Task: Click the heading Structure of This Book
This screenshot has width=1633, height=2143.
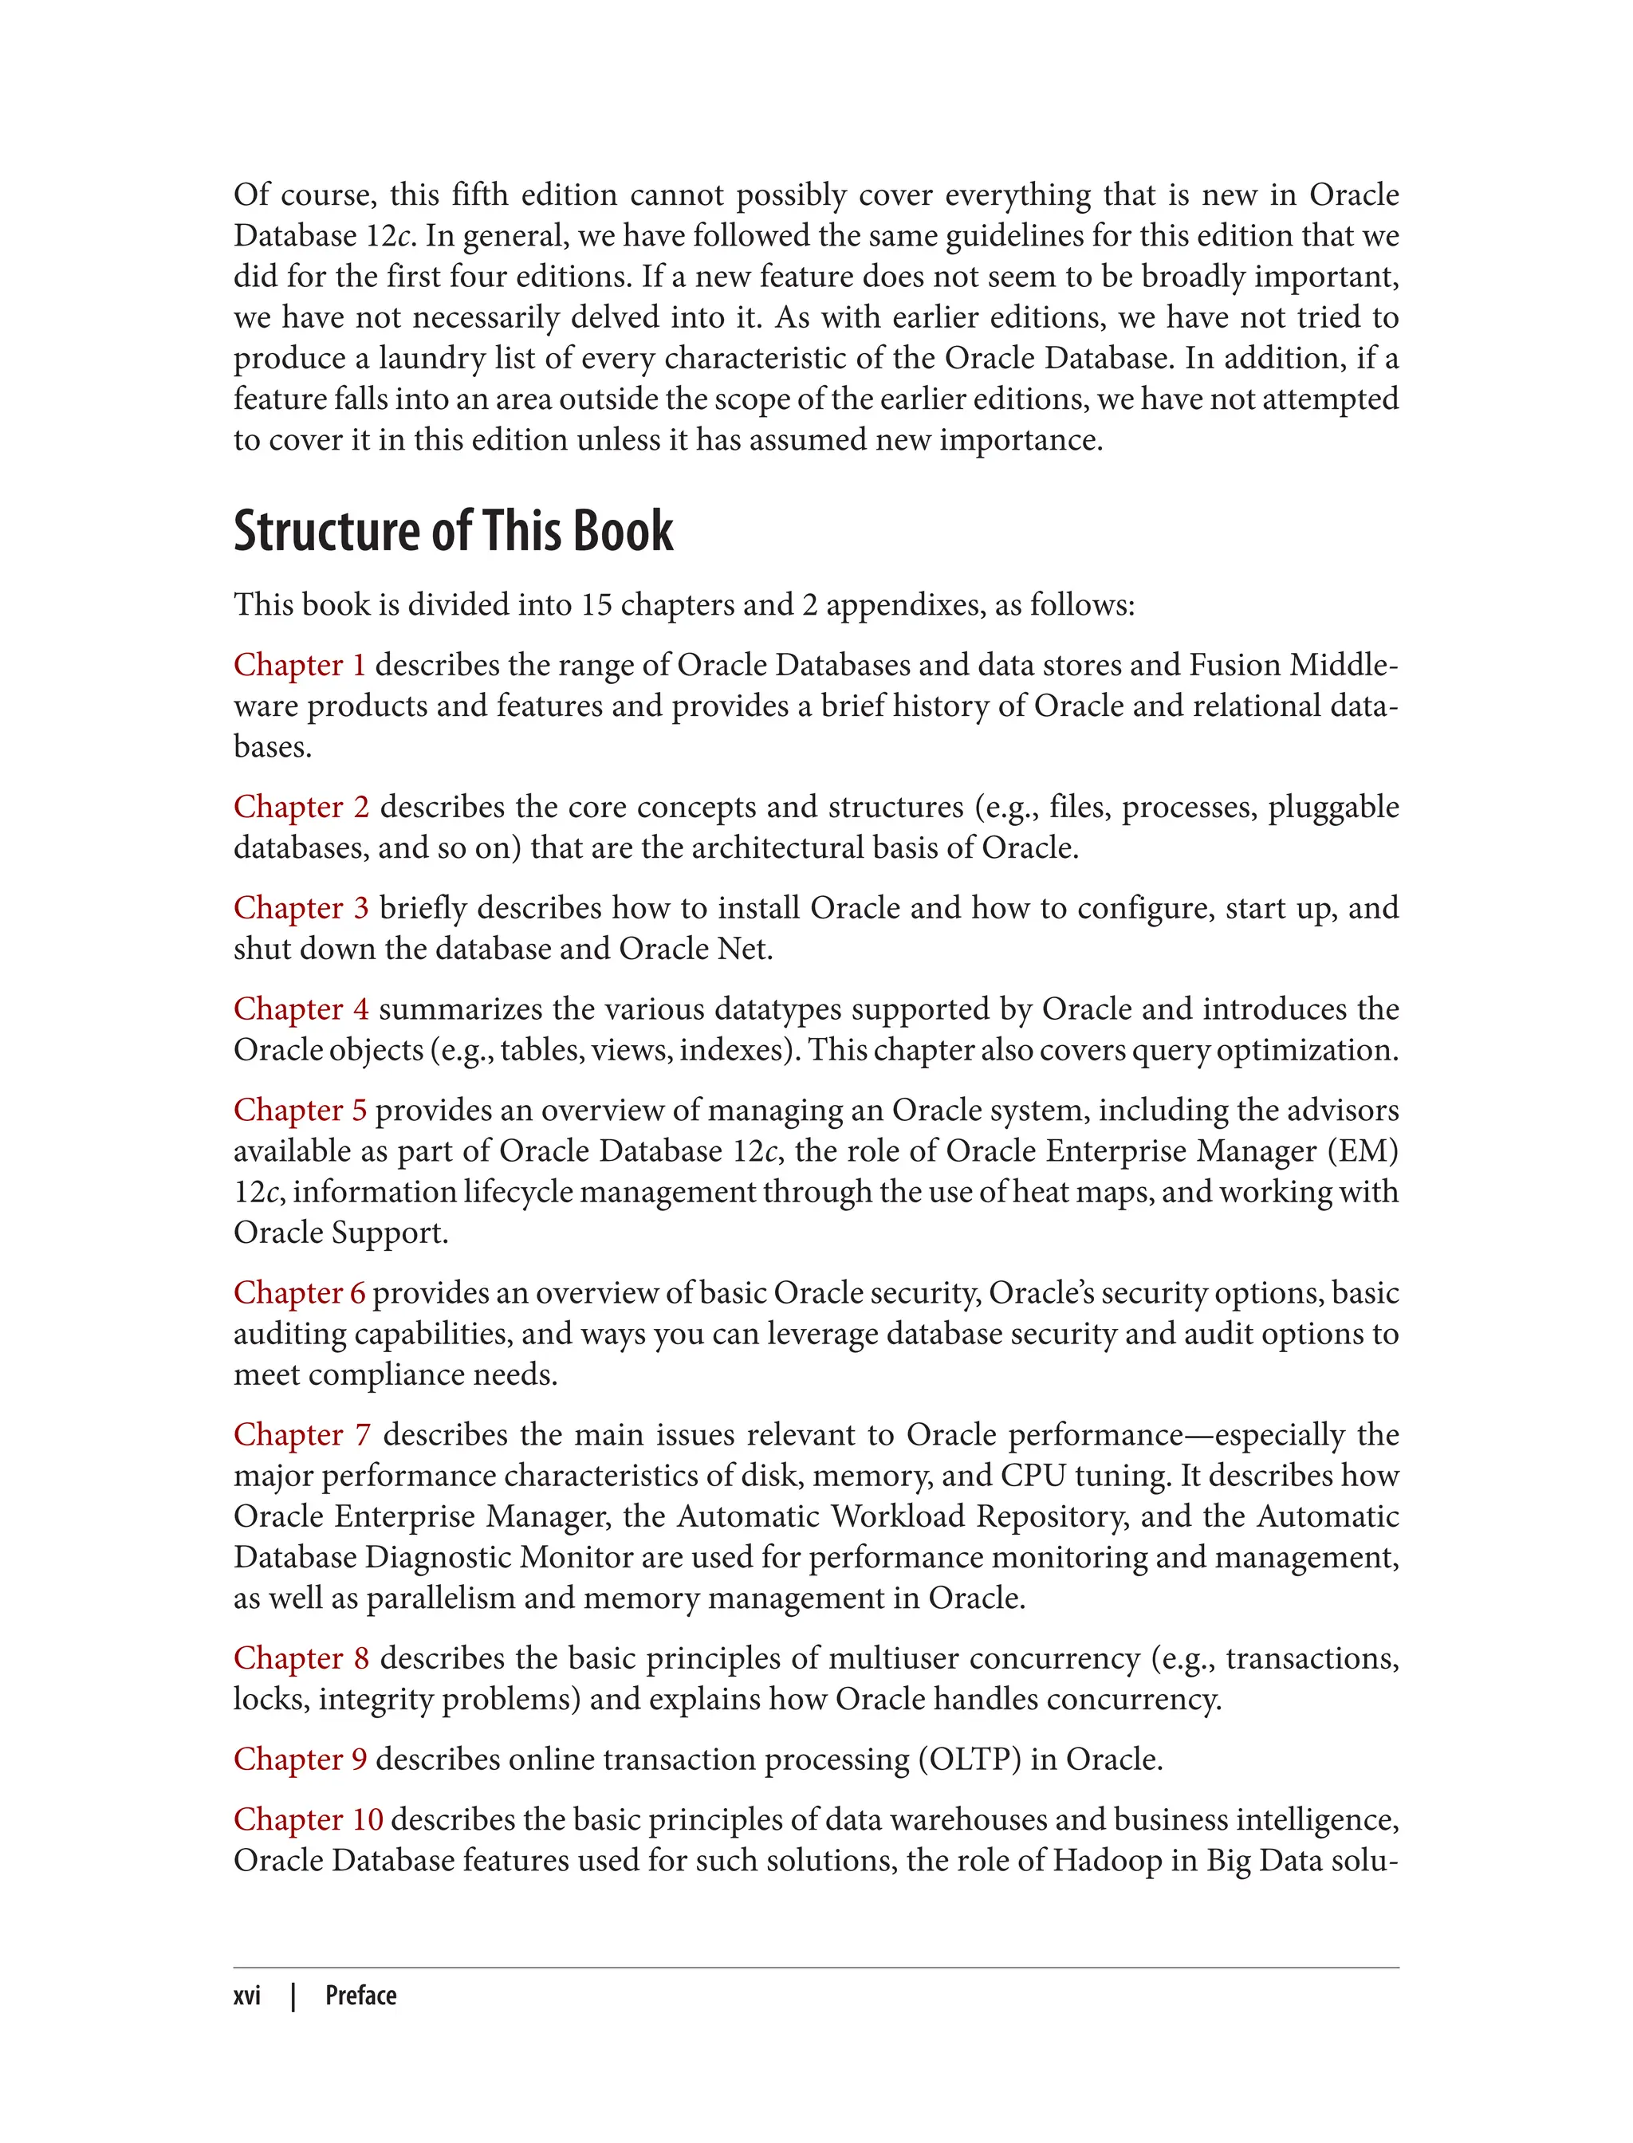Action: pyautogui.click(x=453, y=532)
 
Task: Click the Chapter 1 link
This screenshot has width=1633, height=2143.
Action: pyautogui.click(x=299, y=665)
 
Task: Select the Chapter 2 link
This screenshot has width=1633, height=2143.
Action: pyautogui.click(x=301, y=807)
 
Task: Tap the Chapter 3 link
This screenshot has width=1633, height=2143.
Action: pyautogui.click(x=301, y=908)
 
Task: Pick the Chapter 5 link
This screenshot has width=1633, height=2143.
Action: pyautogui.click(x=299, y=1110)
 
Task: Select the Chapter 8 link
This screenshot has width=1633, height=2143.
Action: pyautogui.click(x=301, y=1658)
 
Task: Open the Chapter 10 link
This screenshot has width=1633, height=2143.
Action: pyautogui.click(x=308, y=1819)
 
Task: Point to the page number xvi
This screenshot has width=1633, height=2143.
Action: pyautogui.click(x=247, y=1996)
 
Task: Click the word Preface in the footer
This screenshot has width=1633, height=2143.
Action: pyautogui.click(x=360, y=1996)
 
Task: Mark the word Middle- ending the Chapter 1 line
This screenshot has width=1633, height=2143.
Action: pyautogui.click(x=1344, y=665)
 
